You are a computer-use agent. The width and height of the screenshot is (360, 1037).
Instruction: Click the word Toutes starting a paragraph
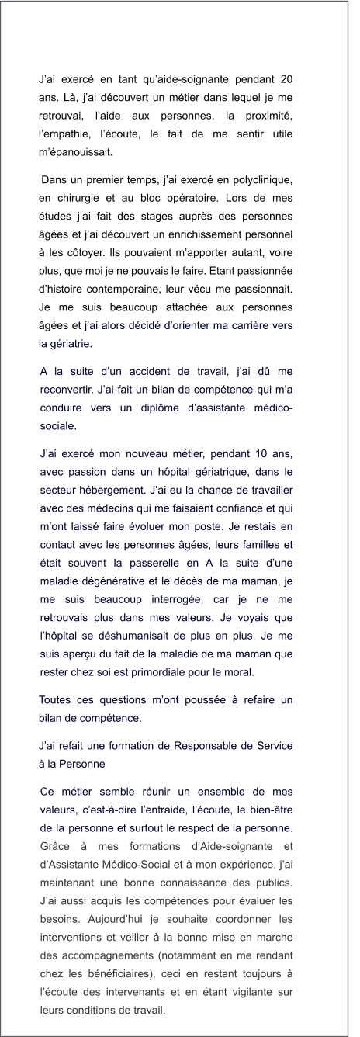[57, 701]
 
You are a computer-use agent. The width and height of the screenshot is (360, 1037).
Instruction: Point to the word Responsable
[200, 745]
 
